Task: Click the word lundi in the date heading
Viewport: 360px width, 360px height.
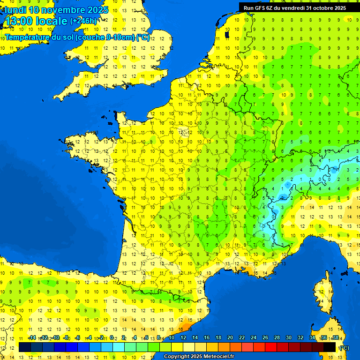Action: click(15, 10)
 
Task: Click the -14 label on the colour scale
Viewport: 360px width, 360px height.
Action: click(32, 338)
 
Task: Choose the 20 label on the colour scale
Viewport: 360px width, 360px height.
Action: click(230, 338)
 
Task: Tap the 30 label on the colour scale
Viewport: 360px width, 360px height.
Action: click(289, 338)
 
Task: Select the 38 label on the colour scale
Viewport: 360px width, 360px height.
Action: click(336, 338)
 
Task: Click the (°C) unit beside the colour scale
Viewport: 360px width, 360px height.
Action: click(344, 348)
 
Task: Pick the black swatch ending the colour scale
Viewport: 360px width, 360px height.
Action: click(330, 347)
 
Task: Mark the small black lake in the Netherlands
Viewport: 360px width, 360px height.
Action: click(227, 34)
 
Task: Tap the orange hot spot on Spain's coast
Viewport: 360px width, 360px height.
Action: click(186, 324)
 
